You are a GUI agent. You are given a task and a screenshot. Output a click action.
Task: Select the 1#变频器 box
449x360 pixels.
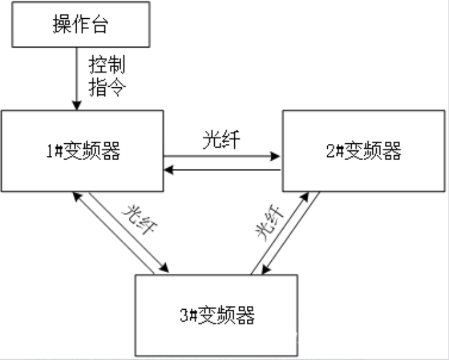[x=82, y=151]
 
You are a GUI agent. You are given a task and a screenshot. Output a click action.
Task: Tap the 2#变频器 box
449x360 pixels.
[x=364, y=151]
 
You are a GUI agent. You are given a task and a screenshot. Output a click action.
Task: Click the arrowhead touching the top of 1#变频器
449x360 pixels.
[x=76, y=105]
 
